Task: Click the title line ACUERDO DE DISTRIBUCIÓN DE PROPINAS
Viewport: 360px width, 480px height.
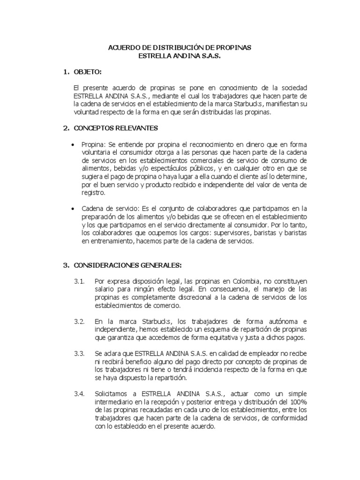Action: [180, 48]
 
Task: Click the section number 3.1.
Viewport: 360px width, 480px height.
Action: [78, 281]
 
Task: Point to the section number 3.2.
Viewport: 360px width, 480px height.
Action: [78, 322]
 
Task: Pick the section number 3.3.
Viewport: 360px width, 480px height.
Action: [78, 353]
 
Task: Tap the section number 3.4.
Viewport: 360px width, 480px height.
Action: [78, 394]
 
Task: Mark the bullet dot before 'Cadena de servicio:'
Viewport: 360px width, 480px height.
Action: [72, 208]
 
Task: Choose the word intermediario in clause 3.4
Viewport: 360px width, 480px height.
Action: [116, 402]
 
